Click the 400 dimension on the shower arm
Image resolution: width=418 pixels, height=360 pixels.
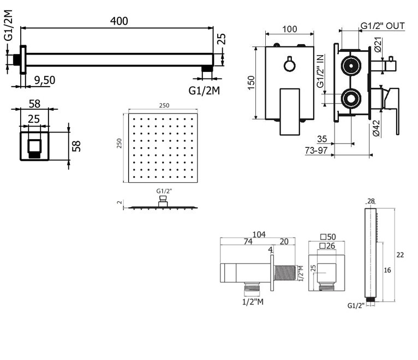tap(118, 21)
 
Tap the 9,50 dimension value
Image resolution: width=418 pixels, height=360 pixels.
tap(44, 80)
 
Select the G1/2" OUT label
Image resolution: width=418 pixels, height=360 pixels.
tap(383, 26)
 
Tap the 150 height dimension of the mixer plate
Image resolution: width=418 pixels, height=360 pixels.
tap(250, 82)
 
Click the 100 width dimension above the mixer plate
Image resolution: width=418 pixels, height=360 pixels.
tap(289, 29)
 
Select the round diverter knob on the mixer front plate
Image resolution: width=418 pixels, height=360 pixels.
tap(289, 65)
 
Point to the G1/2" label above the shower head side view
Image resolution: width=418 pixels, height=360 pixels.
tap(163, 191)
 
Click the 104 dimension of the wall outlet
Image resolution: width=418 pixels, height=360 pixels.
tap(259, 235)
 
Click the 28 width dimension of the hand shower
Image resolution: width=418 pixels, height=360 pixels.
tap(371, 201)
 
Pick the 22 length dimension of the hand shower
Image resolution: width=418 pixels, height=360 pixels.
tap(400, 255)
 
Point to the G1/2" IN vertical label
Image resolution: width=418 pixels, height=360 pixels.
tap(320, 71)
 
